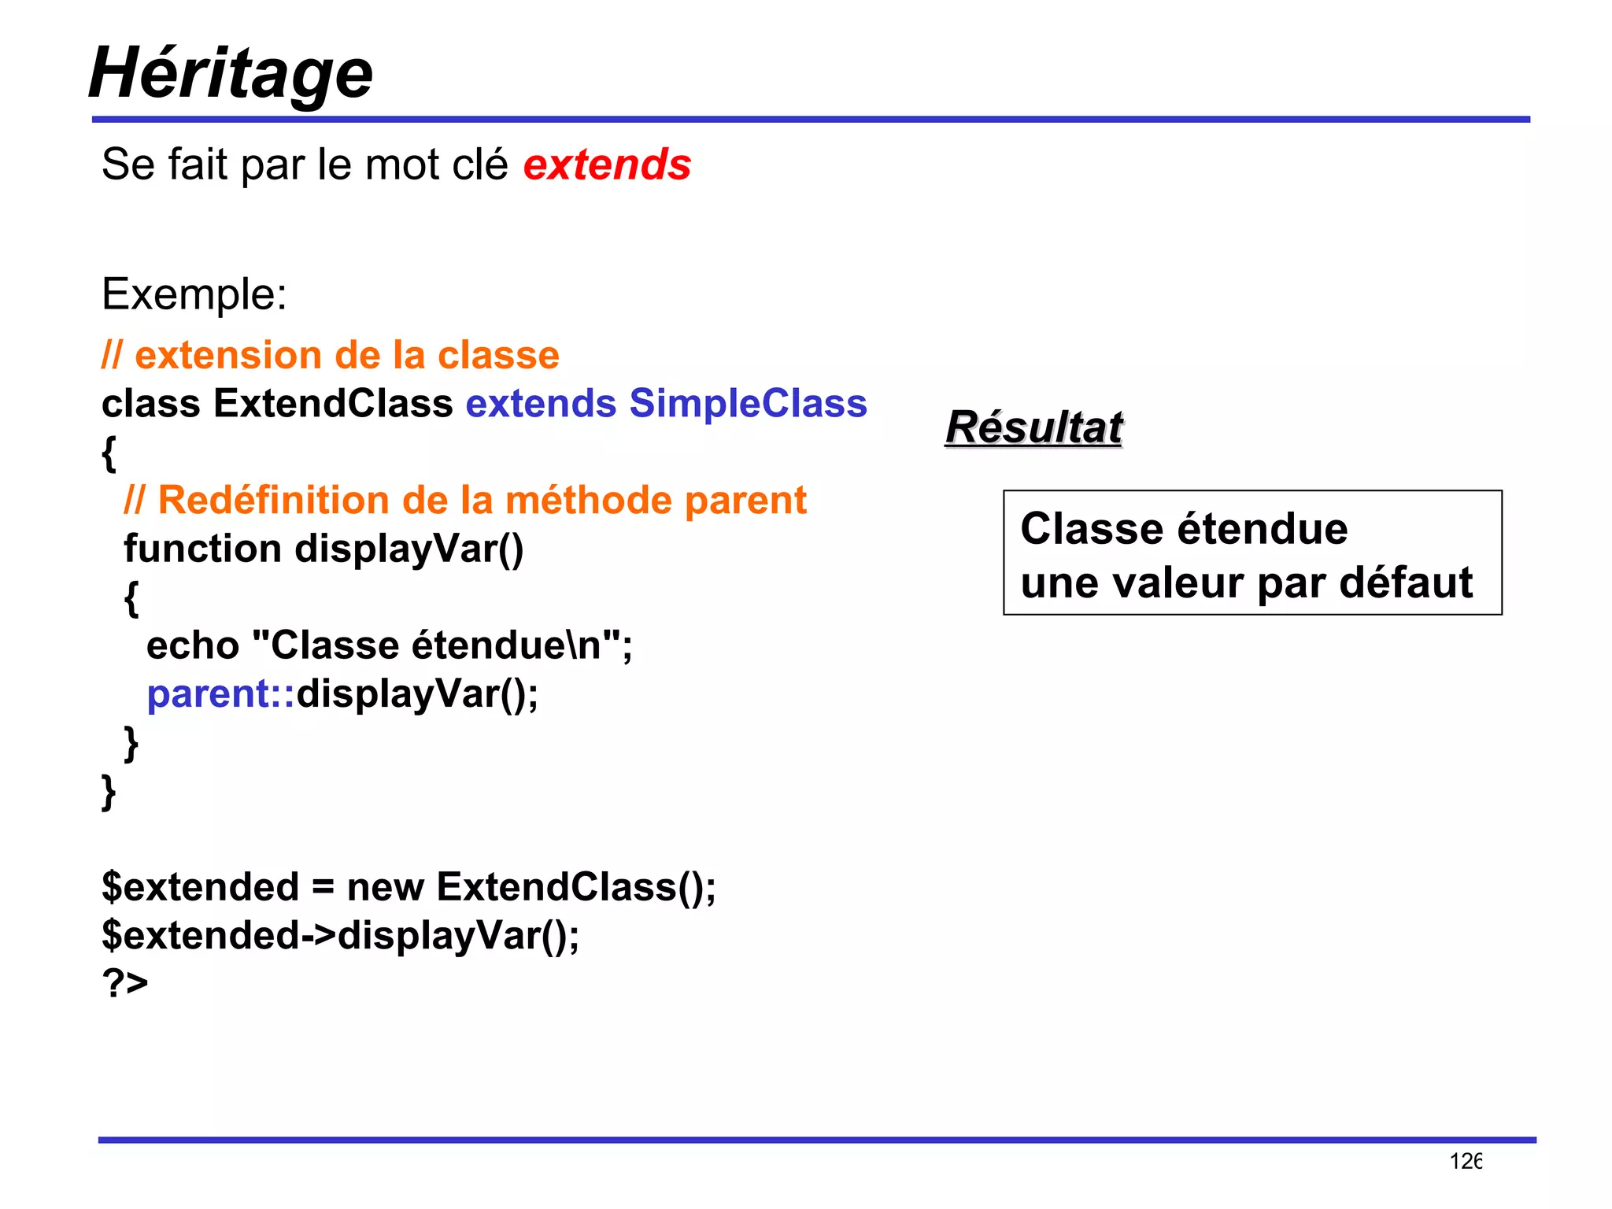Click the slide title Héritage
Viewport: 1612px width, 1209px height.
(230, 72)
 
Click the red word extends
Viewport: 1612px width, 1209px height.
(607, 165)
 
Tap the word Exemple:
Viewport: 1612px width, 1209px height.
(194, 294)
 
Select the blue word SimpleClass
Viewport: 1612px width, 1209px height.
(748, 403)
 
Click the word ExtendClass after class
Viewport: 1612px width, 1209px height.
(333, 403)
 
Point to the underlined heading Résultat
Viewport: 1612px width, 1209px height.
(1033, 427)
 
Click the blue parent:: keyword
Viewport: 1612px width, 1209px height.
(220, 694)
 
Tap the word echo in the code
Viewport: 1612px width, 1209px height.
(193, 645)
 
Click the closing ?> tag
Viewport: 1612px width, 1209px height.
(125, 982)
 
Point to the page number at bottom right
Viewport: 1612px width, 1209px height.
(1466, 1161)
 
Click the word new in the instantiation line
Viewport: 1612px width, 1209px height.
(385, 887)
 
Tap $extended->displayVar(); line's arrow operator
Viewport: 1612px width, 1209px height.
(319, 935)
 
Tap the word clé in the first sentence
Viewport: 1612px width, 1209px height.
(477, 165)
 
